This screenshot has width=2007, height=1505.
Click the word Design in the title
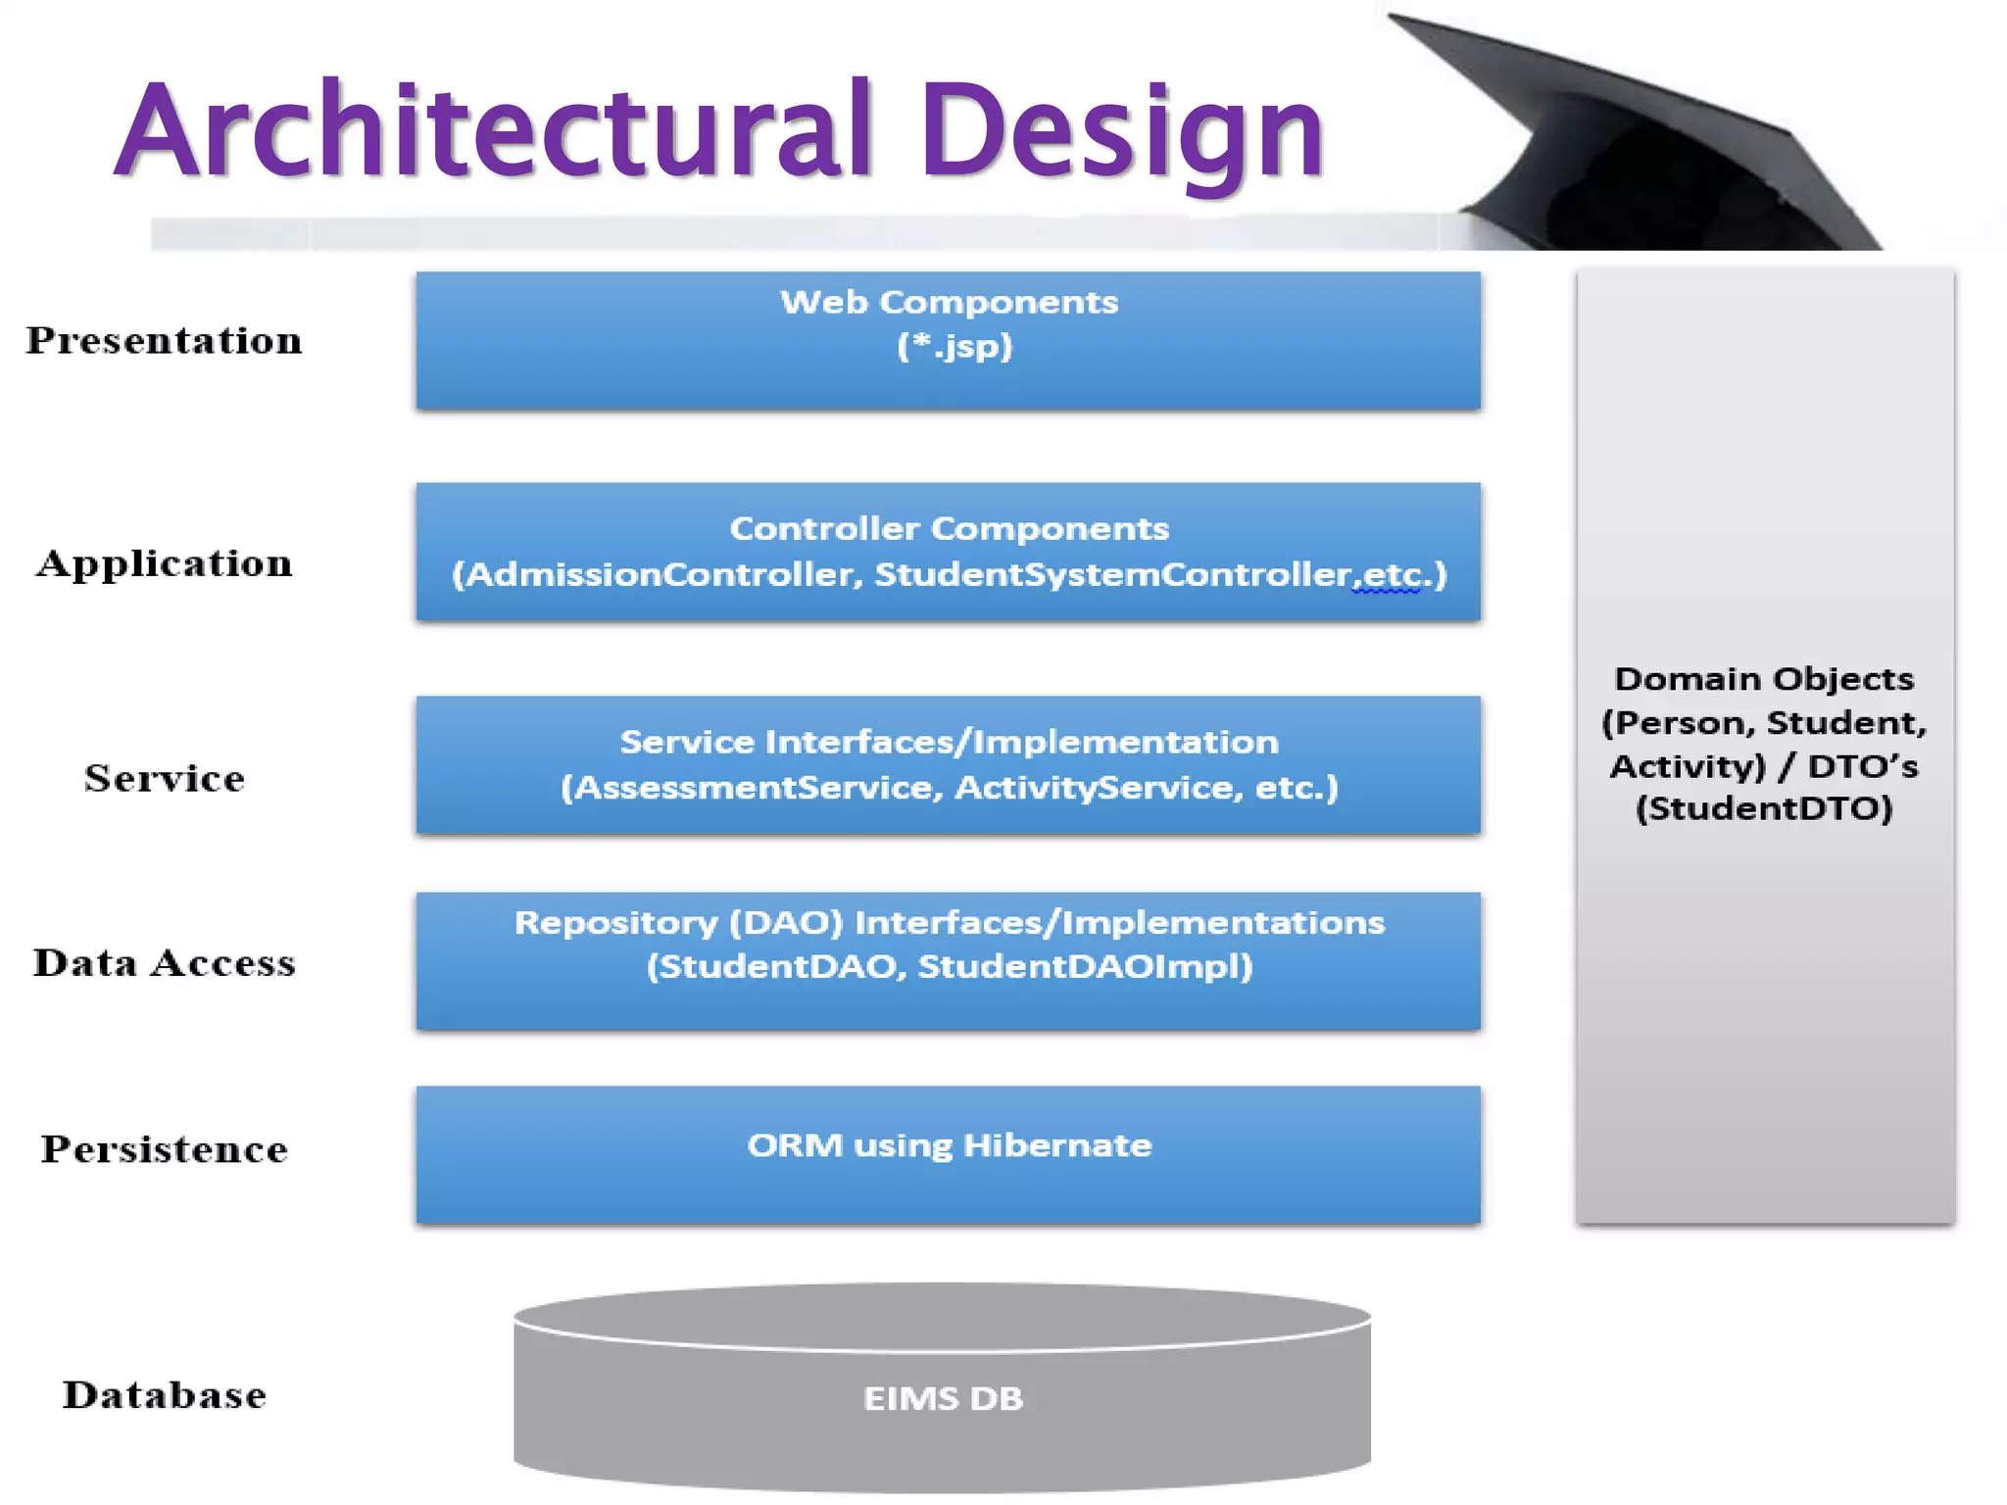(x=1121, y=132)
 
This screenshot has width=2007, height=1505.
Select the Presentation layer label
(x=164, y=341)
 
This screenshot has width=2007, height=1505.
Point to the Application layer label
(x=164, y=563)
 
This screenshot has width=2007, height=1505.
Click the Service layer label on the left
(x=164, y=778)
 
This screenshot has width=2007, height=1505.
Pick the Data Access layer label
(x=164, y=963)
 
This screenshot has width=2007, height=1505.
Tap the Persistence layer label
(x=164, y=1148)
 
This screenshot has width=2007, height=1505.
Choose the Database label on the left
(x=164, y=1394)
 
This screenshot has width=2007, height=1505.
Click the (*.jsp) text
(x=955, y=346)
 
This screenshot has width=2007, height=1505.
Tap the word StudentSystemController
(x=1113, y=574)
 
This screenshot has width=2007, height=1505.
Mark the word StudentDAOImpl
(x=1085, y=967)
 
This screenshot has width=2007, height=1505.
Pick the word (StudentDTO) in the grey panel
(x=1764, y=808)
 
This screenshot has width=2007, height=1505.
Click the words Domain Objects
(x=1764, y=679)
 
